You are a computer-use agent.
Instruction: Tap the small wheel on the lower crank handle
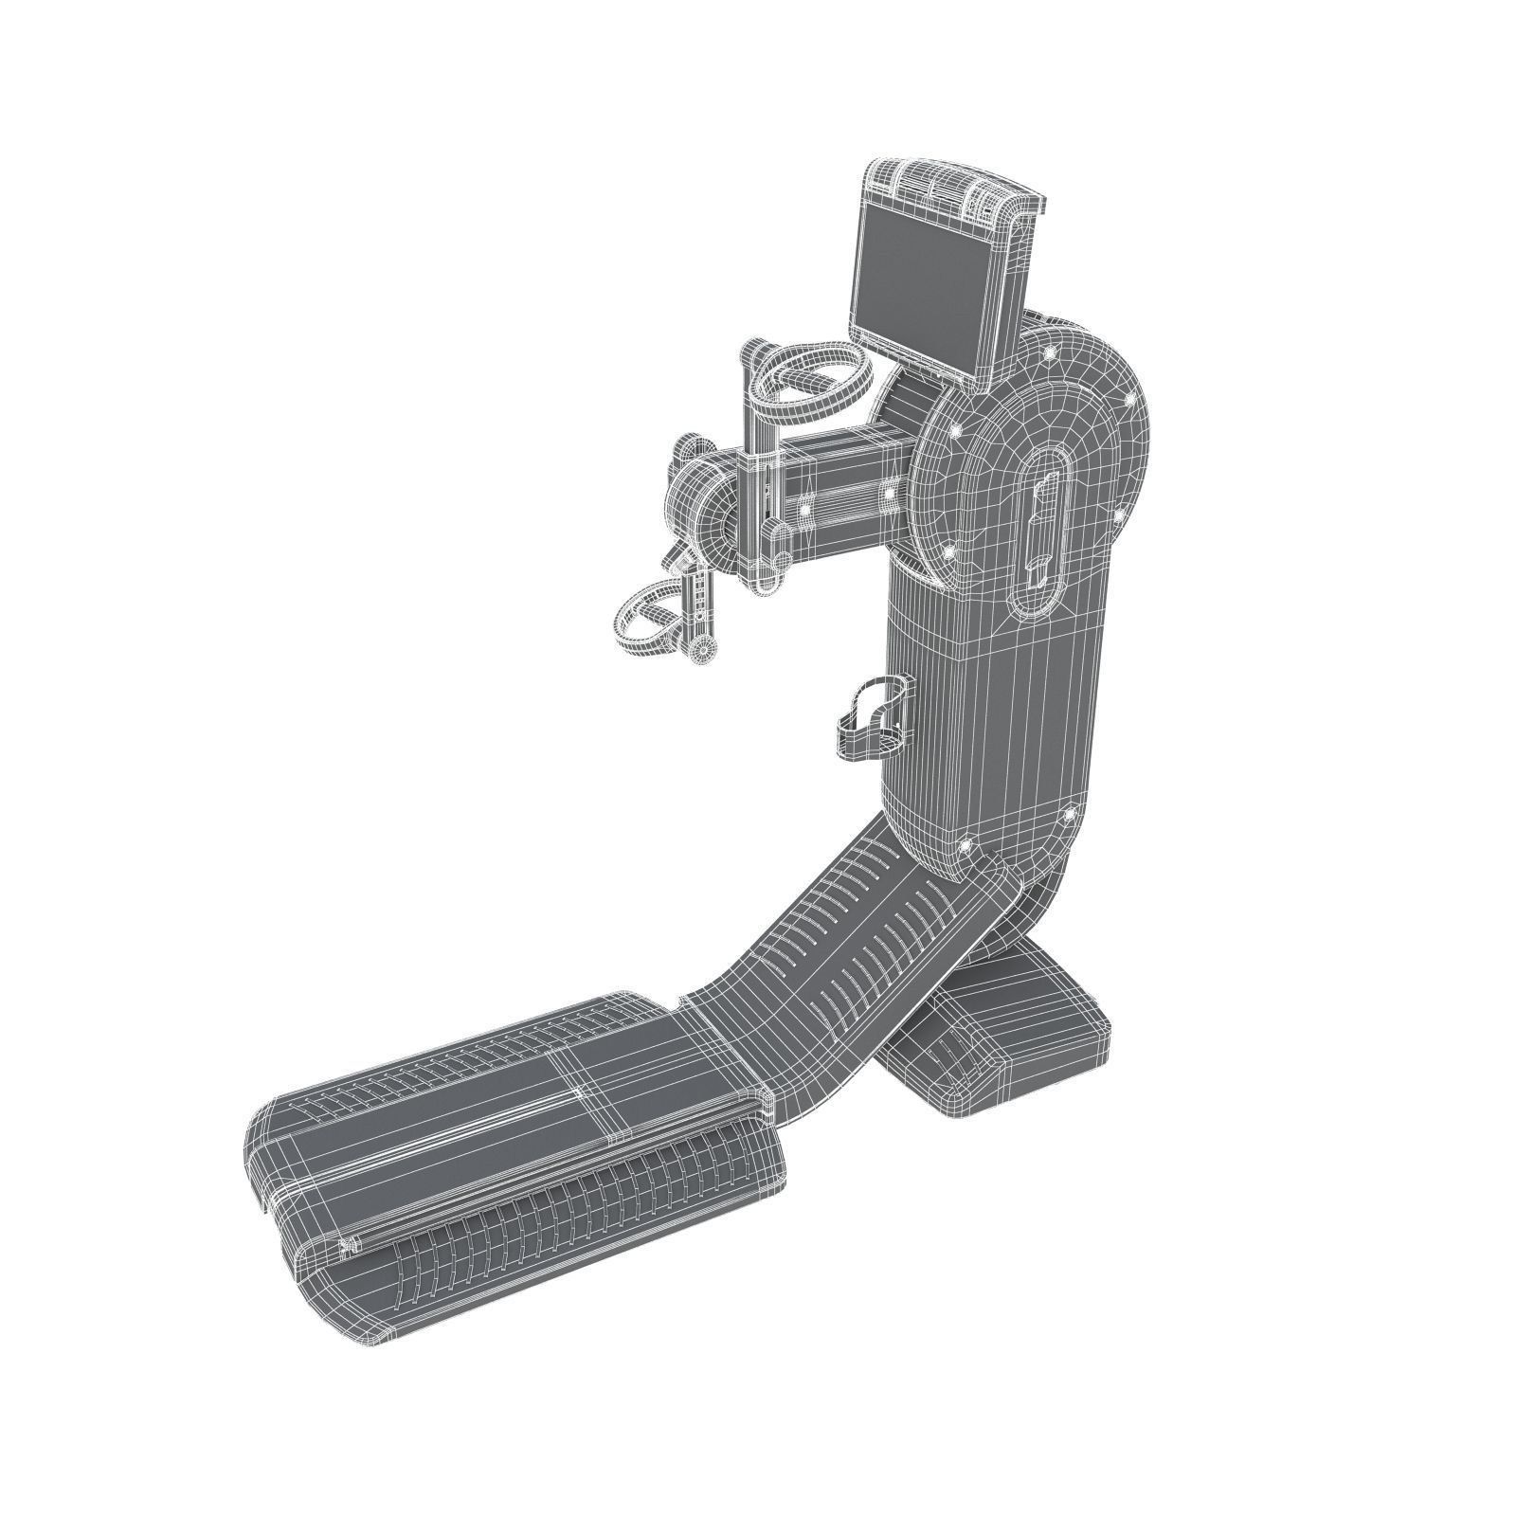702,649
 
